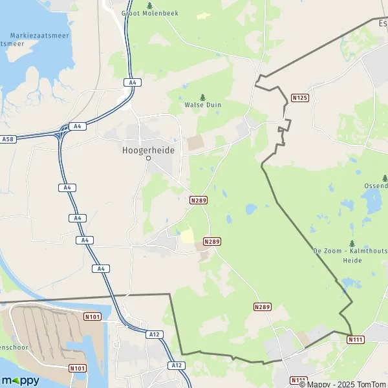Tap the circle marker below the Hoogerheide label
pos(148,158)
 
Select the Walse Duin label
pos(202,104)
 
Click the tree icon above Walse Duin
pos(202,96)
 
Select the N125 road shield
pos(299,98)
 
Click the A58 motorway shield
pos(8,139)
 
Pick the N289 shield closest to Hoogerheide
pos(199,200)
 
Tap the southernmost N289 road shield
pos(262,307)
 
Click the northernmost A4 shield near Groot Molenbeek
pos(131,82)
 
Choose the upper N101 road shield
pos(92,317)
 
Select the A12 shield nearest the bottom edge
pos(178,365)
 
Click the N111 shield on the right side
pos(355,339)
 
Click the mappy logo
pos(21,380)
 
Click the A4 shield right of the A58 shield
pos(76,127)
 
